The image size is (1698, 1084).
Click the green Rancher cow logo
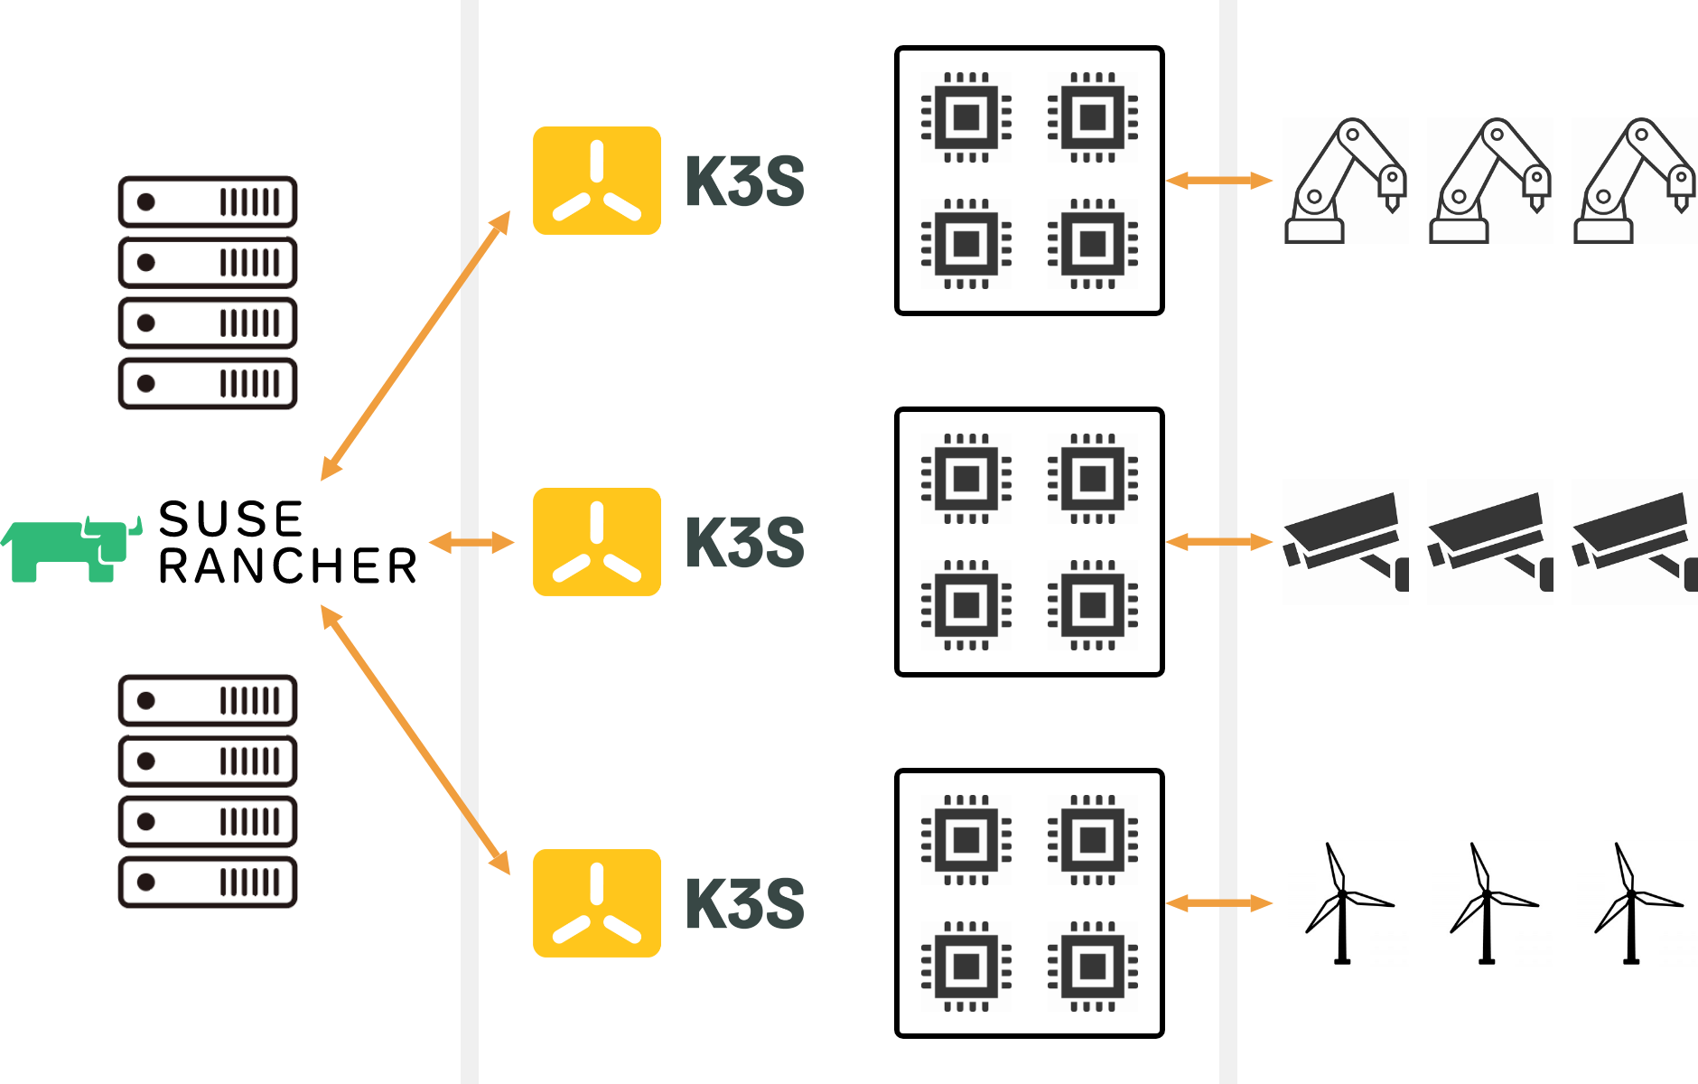tap(70, 549)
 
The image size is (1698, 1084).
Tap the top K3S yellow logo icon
tap(596, 181)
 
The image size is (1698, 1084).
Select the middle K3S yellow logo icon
tap(596, 542)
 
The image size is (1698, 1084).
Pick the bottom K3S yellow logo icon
tap(596, 903)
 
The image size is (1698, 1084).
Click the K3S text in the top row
tap(745, 182)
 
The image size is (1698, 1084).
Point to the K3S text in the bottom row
tap(745, 903)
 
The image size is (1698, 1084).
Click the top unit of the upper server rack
tap(208, 202)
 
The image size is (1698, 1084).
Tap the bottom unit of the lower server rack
tap(208, 882)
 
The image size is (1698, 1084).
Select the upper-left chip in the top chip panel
tap(966, 117)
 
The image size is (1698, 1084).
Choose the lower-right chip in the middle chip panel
tap(1093, 605)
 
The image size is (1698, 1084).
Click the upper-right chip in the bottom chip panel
tap(1093, 840)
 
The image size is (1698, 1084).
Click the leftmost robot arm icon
tap(1346, 181)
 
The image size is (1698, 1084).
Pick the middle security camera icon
tap(1490, 542)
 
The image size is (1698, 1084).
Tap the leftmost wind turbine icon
tap(1346, 903)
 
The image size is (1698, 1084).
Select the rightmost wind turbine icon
tap(1634, 903)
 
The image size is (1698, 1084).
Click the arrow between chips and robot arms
tap(1219, 181)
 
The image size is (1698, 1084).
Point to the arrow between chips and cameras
tap(1219, 542)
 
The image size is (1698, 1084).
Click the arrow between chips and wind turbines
tap(1219, 903)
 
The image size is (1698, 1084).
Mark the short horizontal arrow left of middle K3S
tap(471, 543)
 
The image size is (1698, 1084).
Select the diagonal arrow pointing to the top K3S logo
tap(415, 346)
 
